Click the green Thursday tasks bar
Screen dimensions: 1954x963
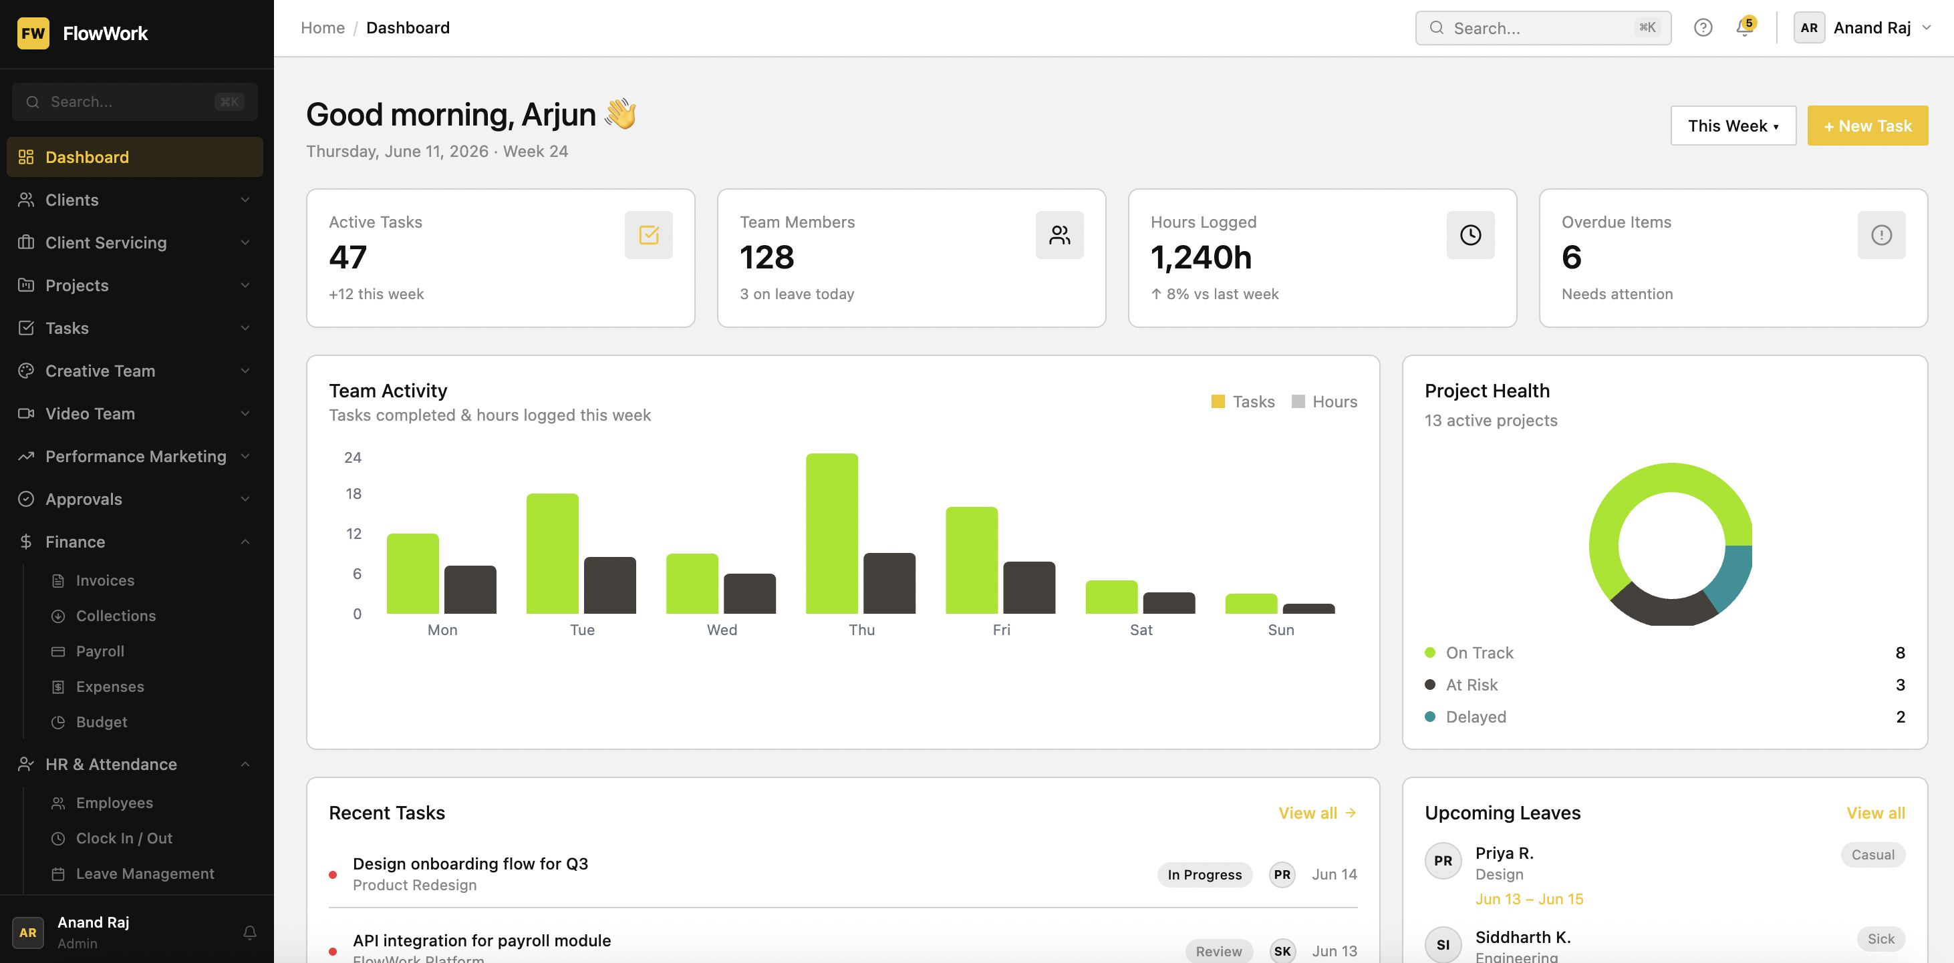pyautogui.click(x=831, y=533)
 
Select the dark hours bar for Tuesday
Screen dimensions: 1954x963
pyautogui.click(x=610, y=586)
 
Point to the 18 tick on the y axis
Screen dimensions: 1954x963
pyautogui.click(x=354, y=494)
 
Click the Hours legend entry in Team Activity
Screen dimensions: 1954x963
pyautogui.click(x=1324, y=402)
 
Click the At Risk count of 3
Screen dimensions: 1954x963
pyautogui.click(x=1900, y=685)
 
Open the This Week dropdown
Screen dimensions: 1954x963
pyautogui.click(x=1733, y=126)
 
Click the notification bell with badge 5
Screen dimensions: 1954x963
pyautogui.click(x=1745, y=28)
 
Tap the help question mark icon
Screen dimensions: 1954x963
pyautogui.click(x=1703, y=28)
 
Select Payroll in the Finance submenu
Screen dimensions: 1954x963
pyautogui.click(x=100, y=651)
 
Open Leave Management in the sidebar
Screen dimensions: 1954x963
pyautogui.click(x=145, y=874)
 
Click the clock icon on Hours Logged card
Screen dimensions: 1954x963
pyautogui.click(x=1470, y=235)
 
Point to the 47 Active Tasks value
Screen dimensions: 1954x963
pyautogui.click(x=348, y=257)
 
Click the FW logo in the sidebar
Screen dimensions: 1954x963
pyautogui.click(x=33, y=33)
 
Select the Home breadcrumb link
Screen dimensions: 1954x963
pyautogui.click(x=322, y=28)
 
